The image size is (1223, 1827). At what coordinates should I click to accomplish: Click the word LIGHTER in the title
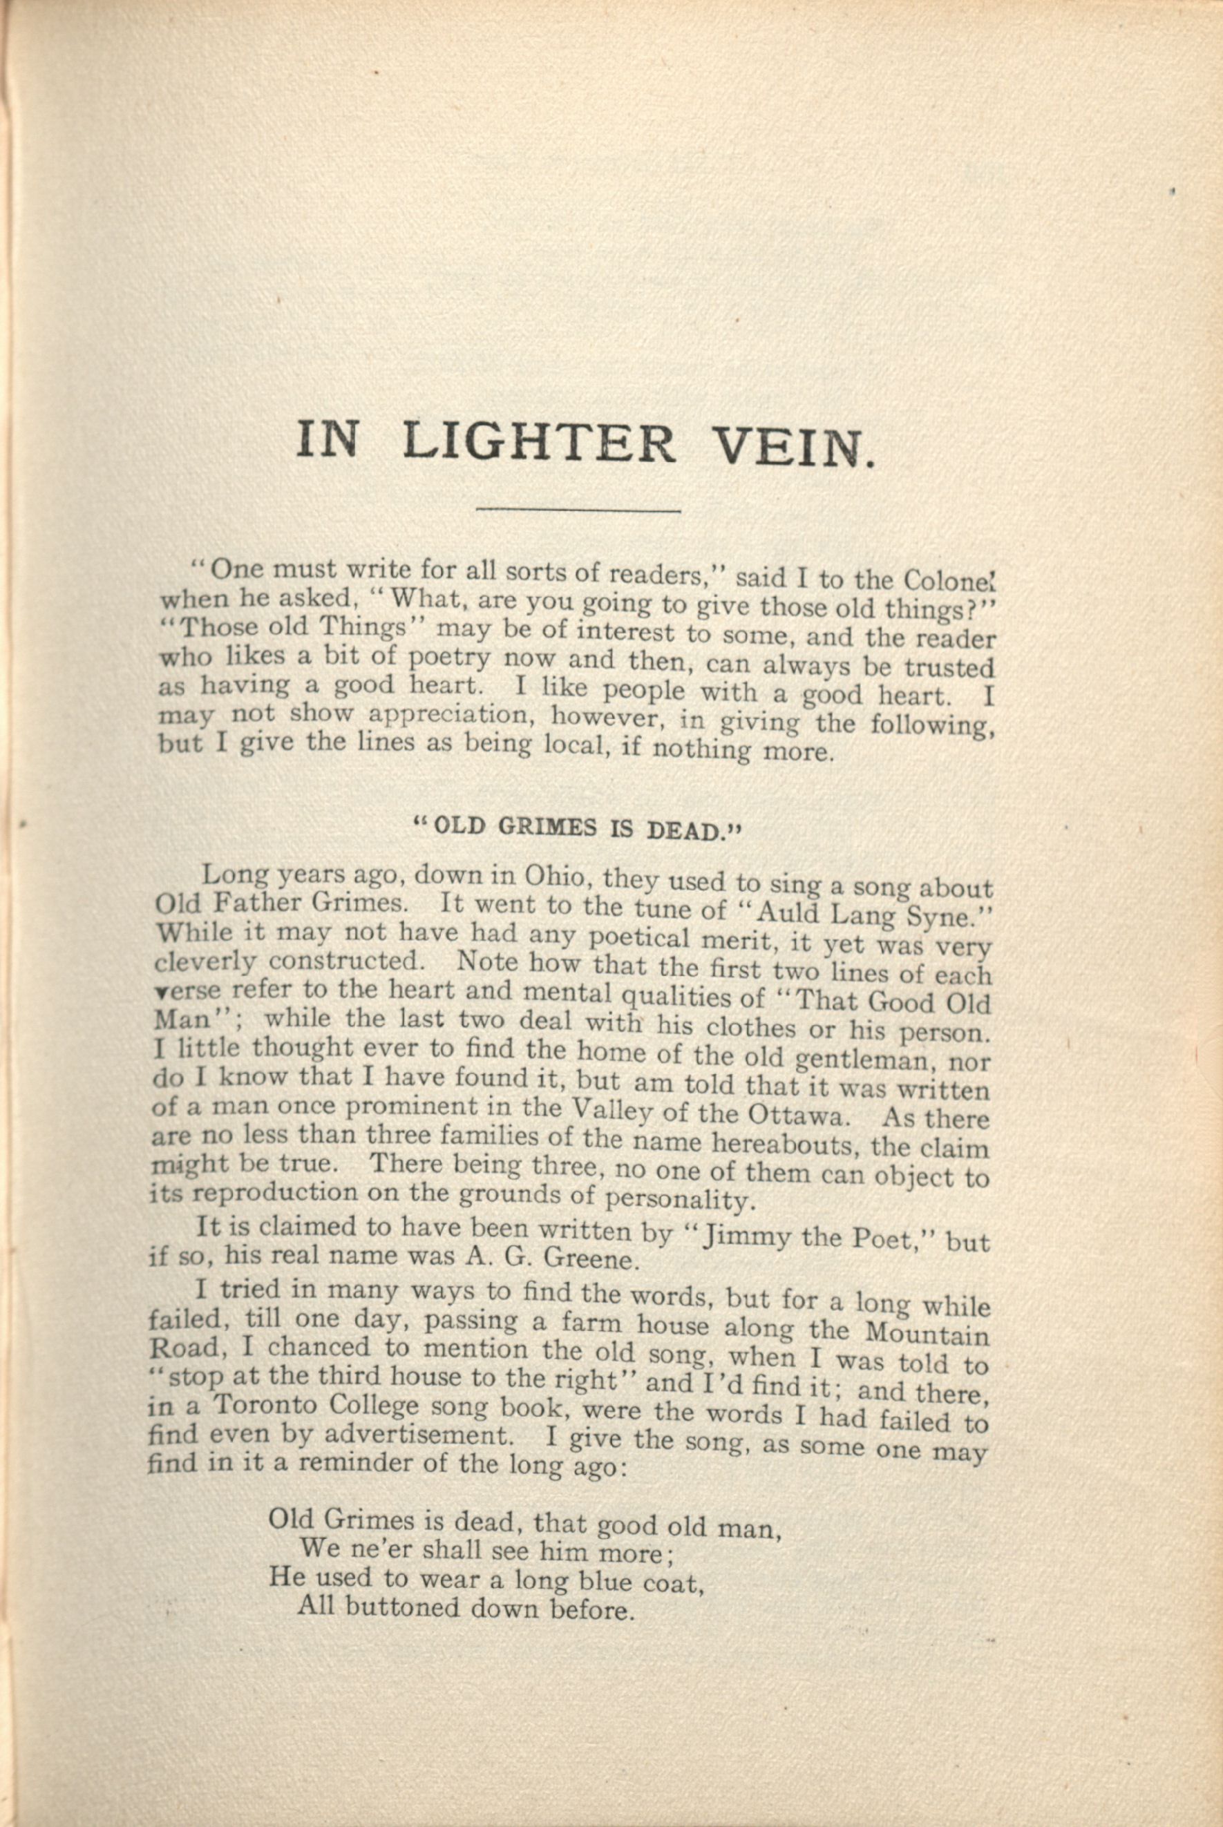click(x=539, y=443)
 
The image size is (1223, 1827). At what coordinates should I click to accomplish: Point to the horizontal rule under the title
click(x=578, y=510)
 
